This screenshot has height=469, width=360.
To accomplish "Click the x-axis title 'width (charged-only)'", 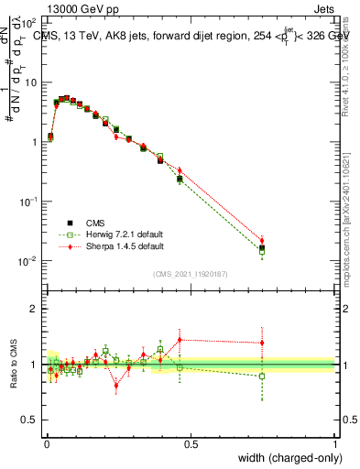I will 285,458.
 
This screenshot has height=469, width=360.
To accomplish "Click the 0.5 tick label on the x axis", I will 191,442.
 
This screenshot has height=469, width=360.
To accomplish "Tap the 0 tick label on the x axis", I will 47,442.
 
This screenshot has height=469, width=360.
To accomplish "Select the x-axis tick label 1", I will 334,442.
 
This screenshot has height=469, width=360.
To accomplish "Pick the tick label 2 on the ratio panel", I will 34,309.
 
